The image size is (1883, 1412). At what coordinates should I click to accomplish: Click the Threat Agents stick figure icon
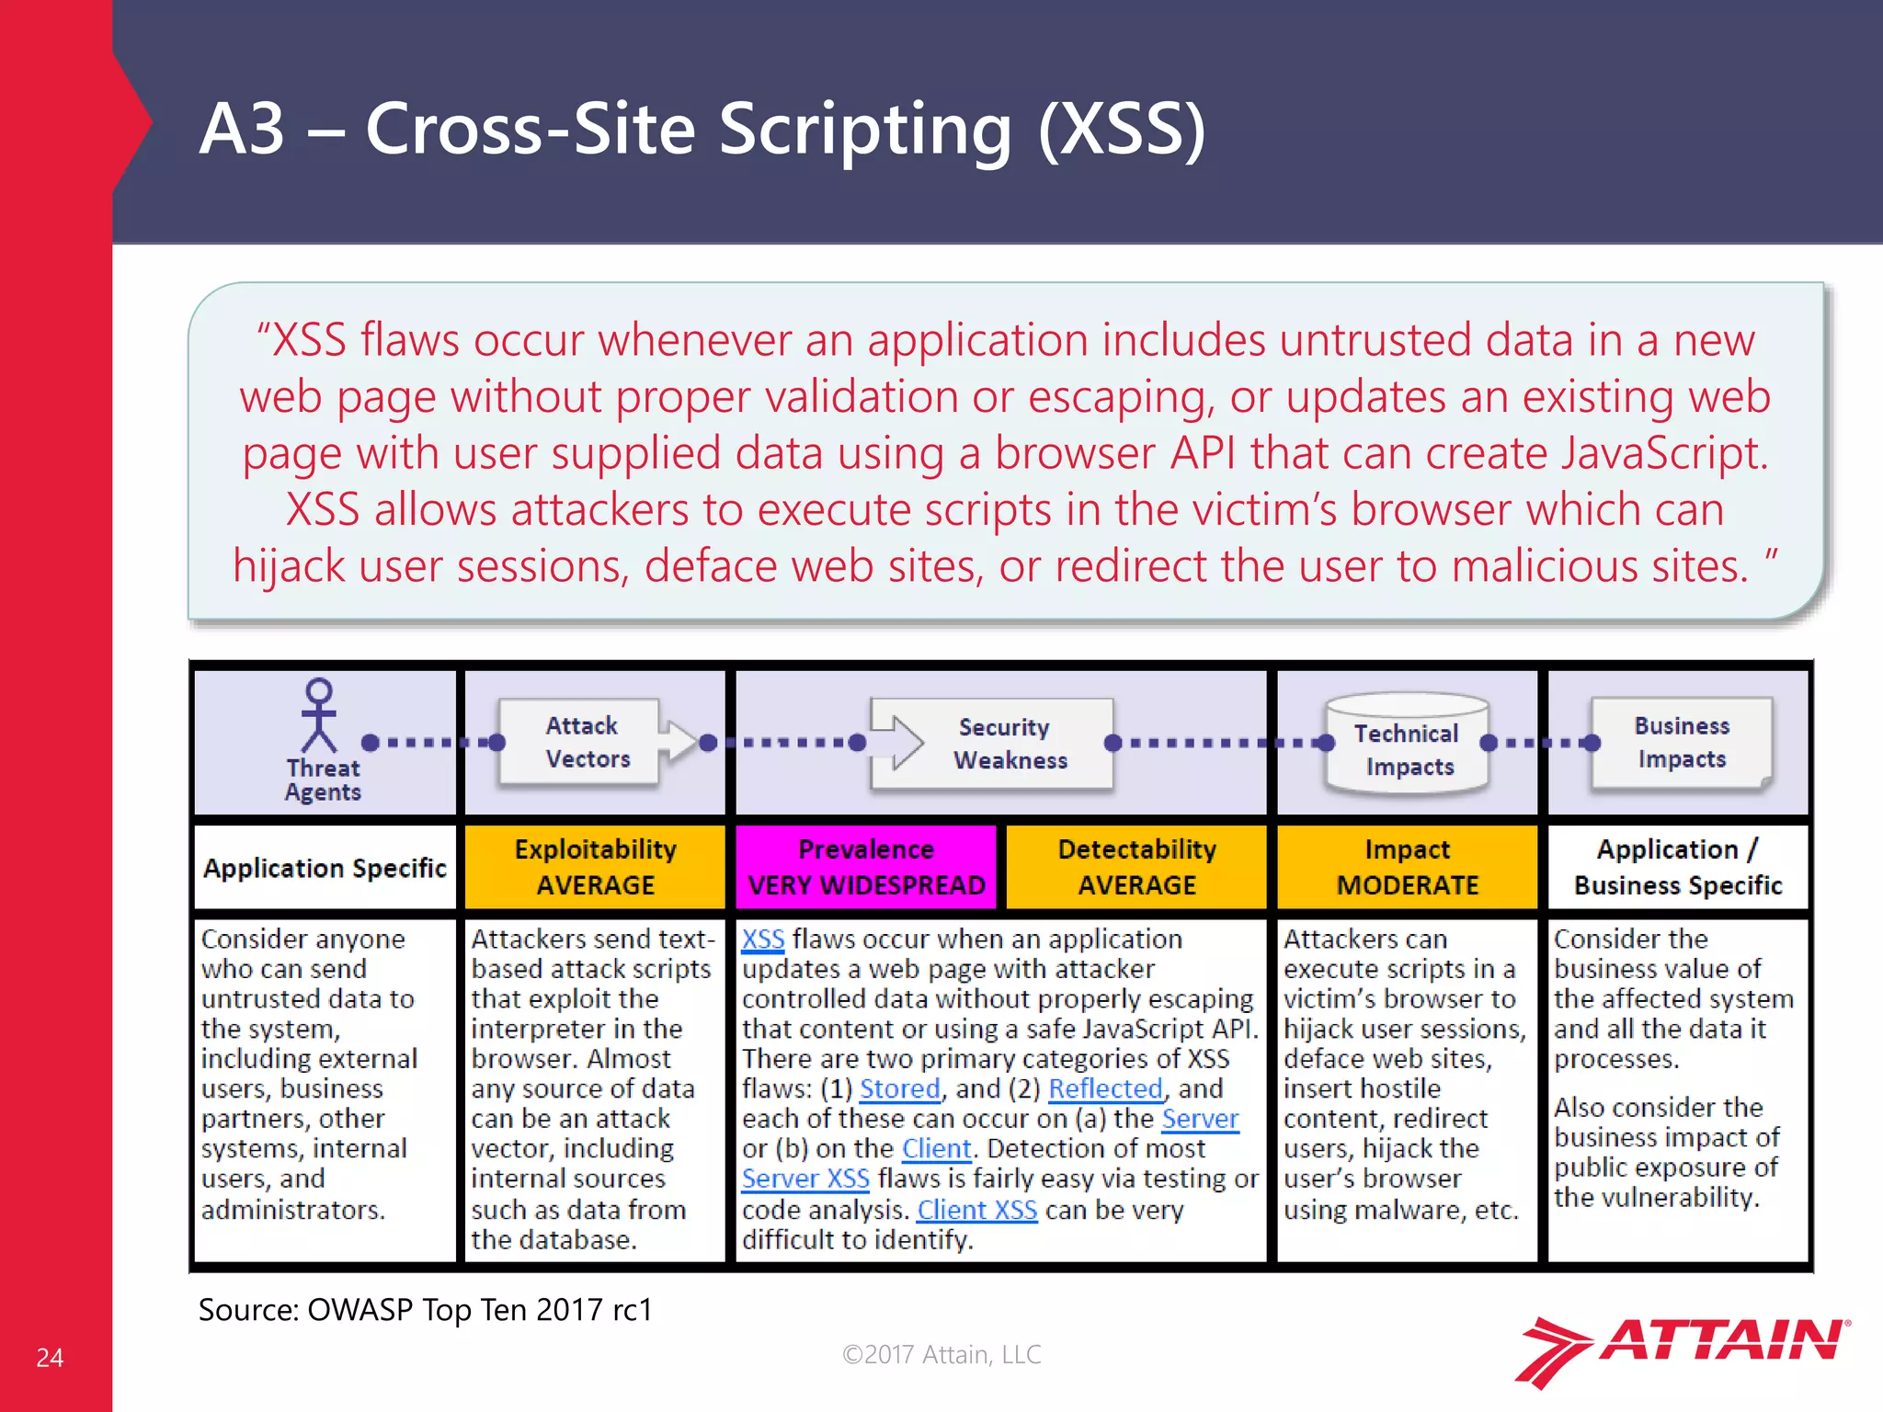(319, 716)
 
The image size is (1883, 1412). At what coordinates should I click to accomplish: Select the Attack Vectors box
(580, 743)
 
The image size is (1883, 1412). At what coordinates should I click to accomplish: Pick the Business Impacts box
(1681, 743)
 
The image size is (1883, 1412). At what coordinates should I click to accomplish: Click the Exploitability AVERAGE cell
(595, 866)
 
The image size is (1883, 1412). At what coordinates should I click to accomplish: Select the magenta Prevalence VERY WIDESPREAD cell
(866, 866)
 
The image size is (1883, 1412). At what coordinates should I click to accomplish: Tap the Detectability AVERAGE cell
(1136, 866)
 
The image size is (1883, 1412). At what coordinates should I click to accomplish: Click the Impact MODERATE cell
(1407, 866)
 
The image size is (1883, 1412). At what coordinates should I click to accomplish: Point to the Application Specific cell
(325, 868)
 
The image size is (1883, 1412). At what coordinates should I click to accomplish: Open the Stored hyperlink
(899, 1088)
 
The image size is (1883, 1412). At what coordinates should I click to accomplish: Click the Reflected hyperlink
(1105, 1088)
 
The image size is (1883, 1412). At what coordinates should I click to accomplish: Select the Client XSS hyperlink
(976, 1210)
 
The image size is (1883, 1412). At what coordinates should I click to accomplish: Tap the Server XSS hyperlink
(805, 1179)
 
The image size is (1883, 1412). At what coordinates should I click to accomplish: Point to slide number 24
(50, 1358)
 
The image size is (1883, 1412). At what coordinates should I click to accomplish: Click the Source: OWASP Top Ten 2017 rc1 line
(425, 1309)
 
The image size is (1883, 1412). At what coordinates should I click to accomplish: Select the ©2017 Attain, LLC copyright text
(941, 1354)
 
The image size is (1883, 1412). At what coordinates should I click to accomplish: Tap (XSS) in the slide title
(1122, 129)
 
